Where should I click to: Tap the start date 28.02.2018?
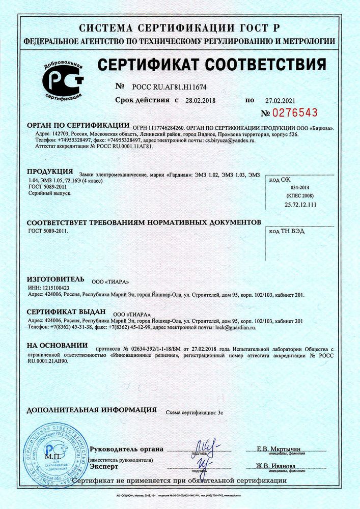(201, 101)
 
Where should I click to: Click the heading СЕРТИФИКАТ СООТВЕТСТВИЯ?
(211, 65)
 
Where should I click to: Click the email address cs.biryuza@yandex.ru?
(229, 140)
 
